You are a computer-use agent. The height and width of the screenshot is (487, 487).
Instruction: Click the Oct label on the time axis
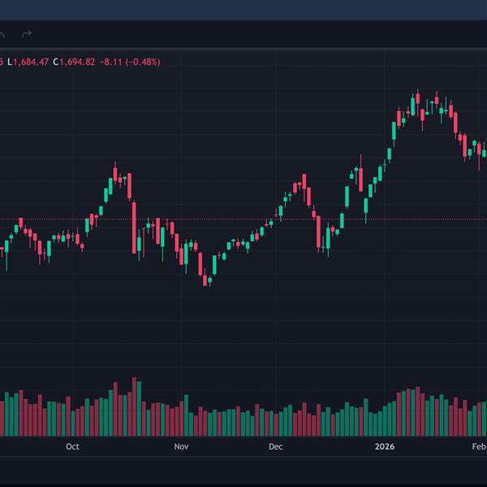coord(72,446)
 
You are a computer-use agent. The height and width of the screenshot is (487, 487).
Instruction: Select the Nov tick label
coord(181,446)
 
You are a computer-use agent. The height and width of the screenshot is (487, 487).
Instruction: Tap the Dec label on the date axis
coord(276,446)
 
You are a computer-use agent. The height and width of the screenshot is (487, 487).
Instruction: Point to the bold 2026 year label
coord(384,446)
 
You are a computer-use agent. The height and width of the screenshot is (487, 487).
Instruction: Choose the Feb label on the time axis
coord(479,446)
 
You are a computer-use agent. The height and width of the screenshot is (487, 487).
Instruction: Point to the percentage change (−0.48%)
coord(144,62)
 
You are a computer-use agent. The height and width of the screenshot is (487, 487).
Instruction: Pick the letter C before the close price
coord(56,62)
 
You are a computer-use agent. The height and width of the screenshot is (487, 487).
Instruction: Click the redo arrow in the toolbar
coord(26,35)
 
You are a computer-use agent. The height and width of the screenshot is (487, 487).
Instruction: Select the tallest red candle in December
coord(318,231)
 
